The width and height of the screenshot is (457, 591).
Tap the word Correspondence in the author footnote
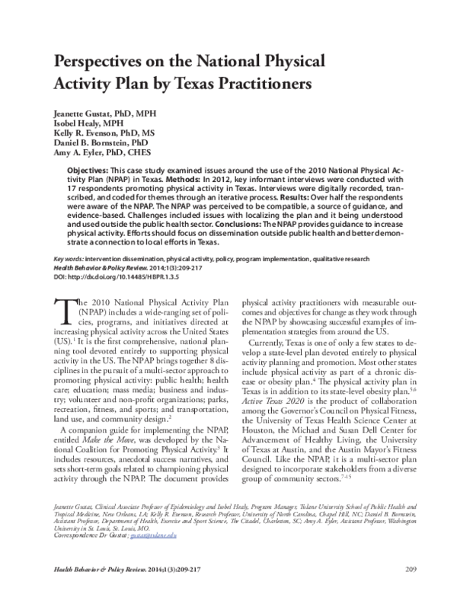pos(75,536)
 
